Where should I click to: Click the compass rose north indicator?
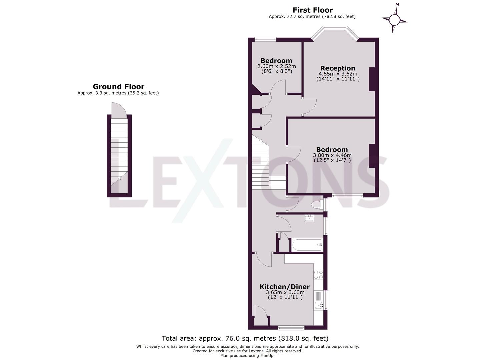point(395,19)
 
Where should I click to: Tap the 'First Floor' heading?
point(312,10)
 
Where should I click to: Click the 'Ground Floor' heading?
point(118,87)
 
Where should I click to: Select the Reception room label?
point(338,68)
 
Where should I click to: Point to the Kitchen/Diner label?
point(285,287)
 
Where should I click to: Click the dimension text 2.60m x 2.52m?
point(276,66)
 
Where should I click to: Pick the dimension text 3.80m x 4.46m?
point(332,155)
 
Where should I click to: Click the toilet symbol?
point(317,204)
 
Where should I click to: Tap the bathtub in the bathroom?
point(307,245)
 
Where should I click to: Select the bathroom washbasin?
point(309,218)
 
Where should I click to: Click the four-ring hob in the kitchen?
point(318,275)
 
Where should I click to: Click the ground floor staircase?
point(119,150)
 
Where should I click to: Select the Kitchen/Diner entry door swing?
point(265,260)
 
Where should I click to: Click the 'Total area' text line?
point(245,338)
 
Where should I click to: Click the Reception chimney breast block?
point(372,79)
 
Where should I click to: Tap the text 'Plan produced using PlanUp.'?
point(247,356)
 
